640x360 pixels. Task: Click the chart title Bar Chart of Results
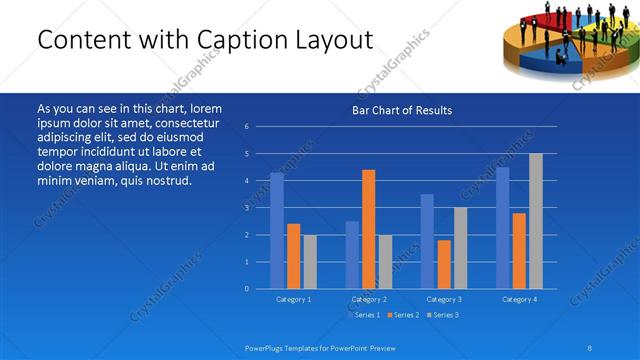(x=401, y=110)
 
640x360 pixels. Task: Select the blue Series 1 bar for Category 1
(x=277, y=231)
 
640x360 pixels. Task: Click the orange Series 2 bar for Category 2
(x=368, y=229)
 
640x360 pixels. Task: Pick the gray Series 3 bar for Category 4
(x=535, y=221)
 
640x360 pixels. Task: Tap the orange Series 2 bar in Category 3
(x=444, y=264)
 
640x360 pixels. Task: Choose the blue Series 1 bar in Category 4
(x=503, y=228)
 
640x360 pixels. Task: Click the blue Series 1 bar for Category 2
(x=352, y=255)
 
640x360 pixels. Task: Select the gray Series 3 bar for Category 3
(x=460, y=248)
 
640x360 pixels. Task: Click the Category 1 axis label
(x=293, y=299)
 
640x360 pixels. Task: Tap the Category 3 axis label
(x=444, y=299)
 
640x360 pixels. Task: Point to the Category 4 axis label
(x=519, y=299)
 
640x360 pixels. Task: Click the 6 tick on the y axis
(x=247, y=127)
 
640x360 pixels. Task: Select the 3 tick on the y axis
(x=247, y=208)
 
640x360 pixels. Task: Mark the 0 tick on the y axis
(x=247, y=289)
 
